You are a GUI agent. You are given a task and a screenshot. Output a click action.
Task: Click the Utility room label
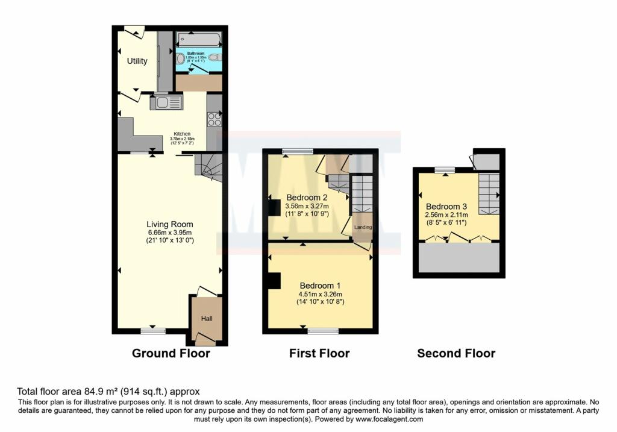click(137, 61)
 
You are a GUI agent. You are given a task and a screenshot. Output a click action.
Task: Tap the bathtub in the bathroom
click(198, 39)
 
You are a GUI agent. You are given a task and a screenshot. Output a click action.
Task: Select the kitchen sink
click(165, 102)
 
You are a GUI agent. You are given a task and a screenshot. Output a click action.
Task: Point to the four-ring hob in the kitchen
click(215, 119)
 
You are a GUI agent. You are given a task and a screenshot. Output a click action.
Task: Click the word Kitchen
click(182, 134)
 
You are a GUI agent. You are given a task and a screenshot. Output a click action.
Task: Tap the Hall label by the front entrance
click(206, 319)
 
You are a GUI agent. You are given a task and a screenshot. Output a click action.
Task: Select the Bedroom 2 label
click(307, 198)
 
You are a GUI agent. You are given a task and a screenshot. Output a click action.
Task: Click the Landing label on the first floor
click(363, 227)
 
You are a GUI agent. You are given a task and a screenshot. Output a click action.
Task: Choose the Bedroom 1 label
click(321, 285)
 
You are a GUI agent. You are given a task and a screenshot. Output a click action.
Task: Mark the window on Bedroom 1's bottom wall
click(323, 330)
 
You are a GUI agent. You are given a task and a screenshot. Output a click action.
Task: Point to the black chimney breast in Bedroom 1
click(275, 281)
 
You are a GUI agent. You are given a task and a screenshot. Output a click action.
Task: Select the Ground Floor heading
click(171, 354)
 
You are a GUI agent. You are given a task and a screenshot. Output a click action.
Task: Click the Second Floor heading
click(456, 354)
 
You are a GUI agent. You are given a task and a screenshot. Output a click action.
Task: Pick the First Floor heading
click(319, 354)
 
